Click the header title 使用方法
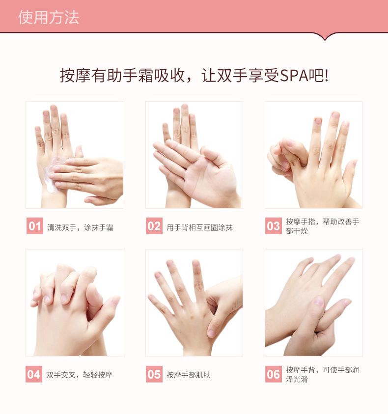click(49, 18)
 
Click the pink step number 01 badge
click(34, 226)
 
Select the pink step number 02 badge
click(154, 226)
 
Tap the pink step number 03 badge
click(274, 226)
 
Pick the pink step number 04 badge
click(34, 374)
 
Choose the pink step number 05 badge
click(154, 374)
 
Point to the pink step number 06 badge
click(274, 374)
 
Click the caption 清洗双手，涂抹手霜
click(80, 227)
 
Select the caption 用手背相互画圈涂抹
click(200, 227)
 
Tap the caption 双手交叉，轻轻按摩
click(79, 375)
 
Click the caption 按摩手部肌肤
click(189, 375)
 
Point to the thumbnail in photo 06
click(319, 301)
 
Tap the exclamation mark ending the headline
click(327, 76)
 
